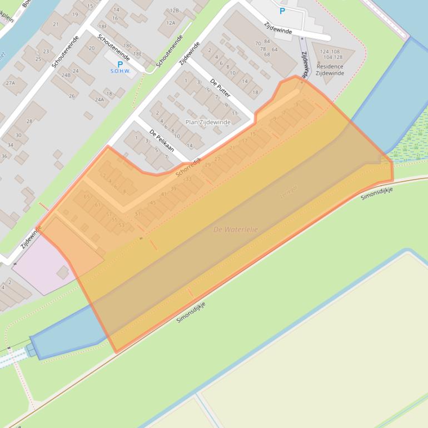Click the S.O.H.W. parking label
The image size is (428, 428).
click(x=120, y=71)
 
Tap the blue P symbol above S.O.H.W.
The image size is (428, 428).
click(x=120, y=64)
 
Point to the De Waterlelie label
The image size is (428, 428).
click(x=236, y=229)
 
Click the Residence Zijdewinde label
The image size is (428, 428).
click(x=330, y=69)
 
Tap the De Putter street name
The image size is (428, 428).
click(x=220, y=87)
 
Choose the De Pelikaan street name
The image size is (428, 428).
click(x=161, y=140)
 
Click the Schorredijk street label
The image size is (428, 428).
click(x=188, y=167)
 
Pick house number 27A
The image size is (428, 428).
click(x=11, y=83)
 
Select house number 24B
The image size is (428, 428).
click(x=66, y=74)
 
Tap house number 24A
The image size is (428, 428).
click(x=99, y=100)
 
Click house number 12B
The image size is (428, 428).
click(x=174, y=11)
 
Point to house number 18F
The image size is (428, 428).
click(x=102, y=26)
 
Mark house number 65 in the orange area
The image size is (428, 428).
click(x=86, y=197)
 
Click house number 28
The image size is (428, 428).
click(x=29, y=121)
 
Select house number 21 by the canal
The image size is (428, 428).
click(x=56, y=24)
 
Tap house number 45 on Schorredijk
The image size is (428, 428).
click(x=153, y=202)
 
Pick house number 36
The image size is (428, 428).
click(x=4, y=156)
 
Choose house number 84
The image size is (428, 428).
click(x=267, y=42)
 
